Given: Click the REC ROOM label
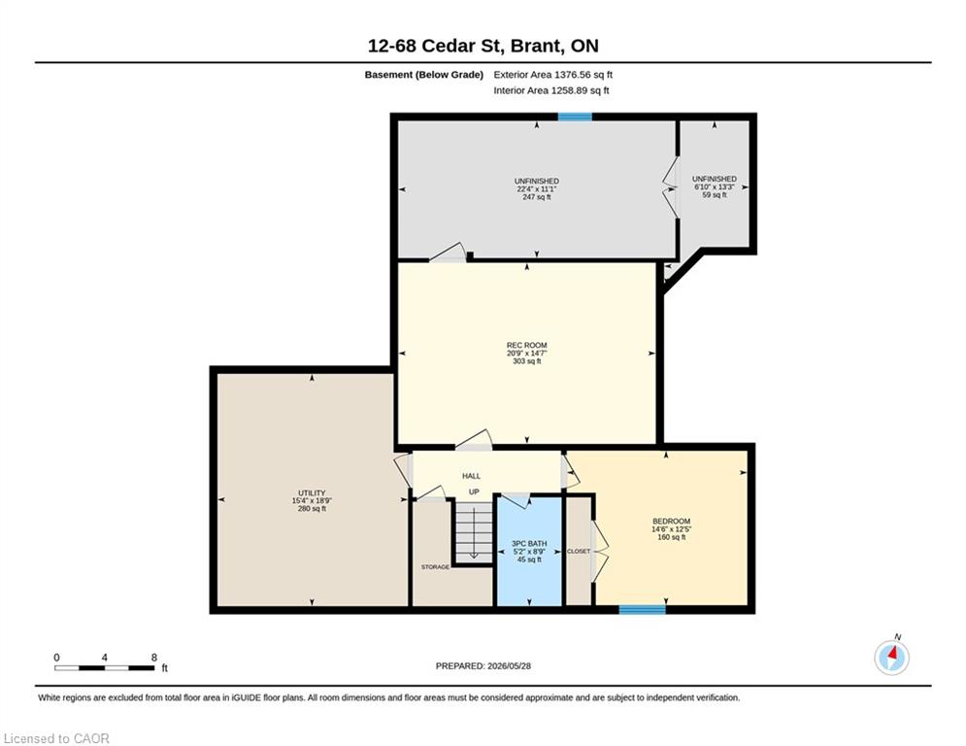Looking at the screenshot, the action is (x=527, y=345).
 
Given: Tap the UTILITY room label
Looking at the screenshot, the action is (x=312, y=493).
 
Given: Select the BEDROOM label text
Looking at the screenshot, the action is (x=672, y=521).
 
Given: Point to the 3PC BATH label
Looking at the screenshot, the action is (x=529, y=544).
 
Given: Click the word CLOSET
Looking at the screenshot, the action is (x=579, y=551).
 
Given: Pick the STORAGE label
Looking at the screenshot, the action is (x=436, y=567).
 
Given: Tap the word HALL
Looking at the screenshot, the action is (x=471, y=476).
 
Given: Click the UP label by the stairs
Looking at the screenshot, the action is (x=474, y=492).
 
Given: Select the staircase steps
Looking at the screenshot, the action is (x=474, y=530).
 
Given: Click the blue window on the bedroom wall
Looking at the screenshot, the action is (x=642, y=610).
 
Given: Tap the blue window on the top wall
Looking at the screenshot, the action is (x=575, y=117).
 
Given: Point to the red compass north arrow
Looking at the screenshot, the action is (x=894, y=653).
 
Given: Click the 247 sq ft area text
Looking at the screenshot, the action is (x=537, y=197).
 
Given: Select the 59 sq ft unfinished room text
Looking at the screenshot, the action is (x=715, y=195).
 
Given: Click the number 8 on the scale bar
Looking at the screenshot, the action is (x=154, y=658).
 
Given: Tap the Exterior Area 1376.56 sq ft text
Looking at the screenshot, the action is (x=552, y=75).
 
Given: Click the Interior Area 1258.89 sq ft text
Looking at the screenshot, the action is (x=551, y=90).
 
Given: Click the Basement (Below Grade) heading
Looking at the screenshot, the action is (x=424, y=75).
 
